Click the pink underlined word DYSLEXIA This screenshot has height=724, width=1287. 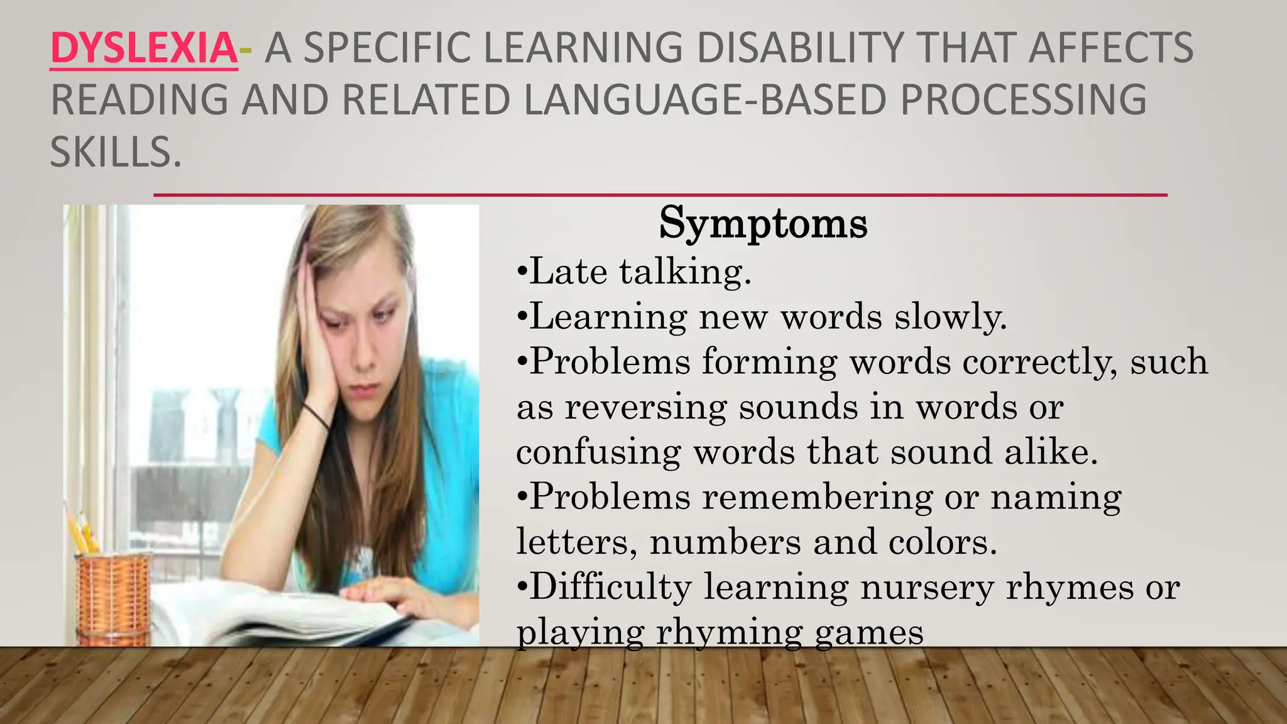click(144, 48)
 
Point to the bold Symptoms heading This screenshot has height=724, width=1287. click(763, 223)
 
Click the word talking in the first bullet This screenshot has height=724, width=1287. click(684, 272)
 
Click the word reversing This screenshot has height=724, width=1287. click(645, 407)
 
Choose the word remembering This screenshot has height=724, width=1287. click(817, 497)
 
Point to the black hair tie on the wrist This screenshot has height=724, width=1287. click(315, 416)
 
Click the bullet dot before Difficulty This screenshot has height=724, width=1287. click(522, 587)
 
